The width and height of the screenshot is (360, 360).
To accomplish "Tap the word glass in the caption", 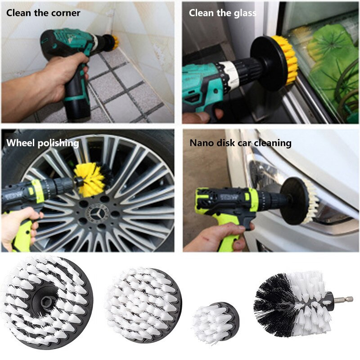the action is click(245, 13).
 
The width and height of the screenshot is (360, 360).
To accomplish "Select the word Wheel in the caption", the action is click(21, 143).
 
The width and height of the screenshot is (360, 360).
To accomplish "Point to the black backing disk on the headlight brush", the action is click(294, 201).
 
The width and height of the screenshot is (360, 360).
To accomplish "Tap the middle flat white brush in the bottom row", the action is click(144, 306).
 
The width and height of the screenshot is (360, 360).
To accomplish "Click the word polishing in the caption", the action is click(58, 143).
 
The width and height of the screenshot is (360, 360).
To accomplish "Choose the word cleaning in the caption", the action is click(273, 143).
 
